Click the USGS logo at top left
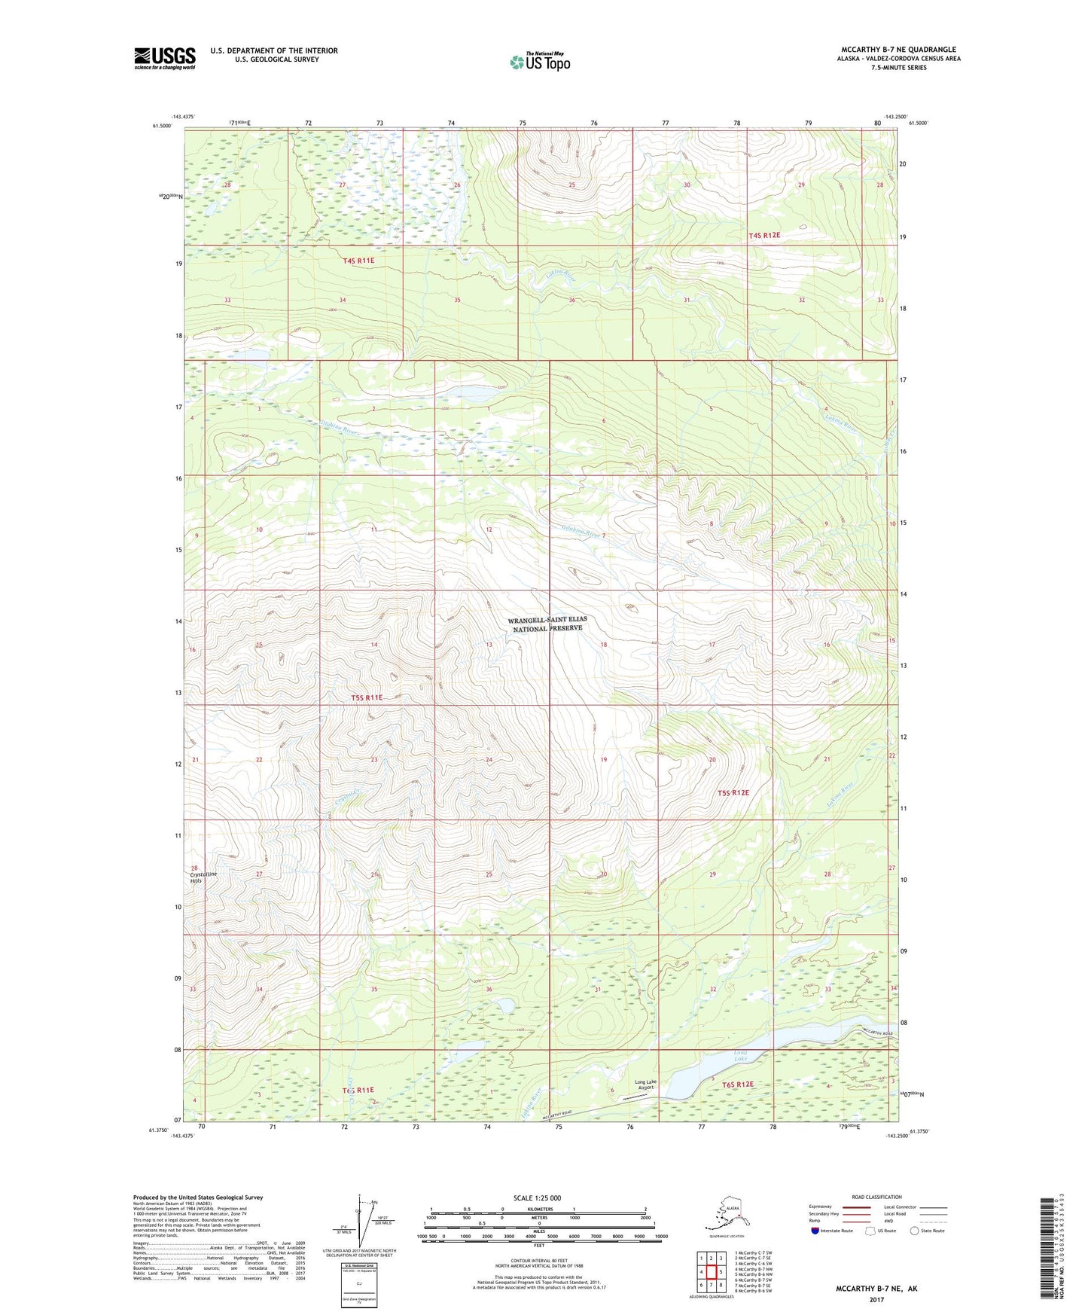point(164,58)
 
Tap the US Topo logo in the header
point(539,62)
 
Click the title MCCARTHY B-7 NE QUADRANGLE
point(898,50)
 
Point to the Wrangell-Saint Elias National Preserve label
point(547,624)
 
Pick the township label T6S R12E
point(738,1084)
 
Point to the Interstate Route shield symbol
point(815,1231)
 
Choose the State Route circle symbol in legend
point(914,1231)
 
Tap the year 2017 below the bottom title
point(876,1299)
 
